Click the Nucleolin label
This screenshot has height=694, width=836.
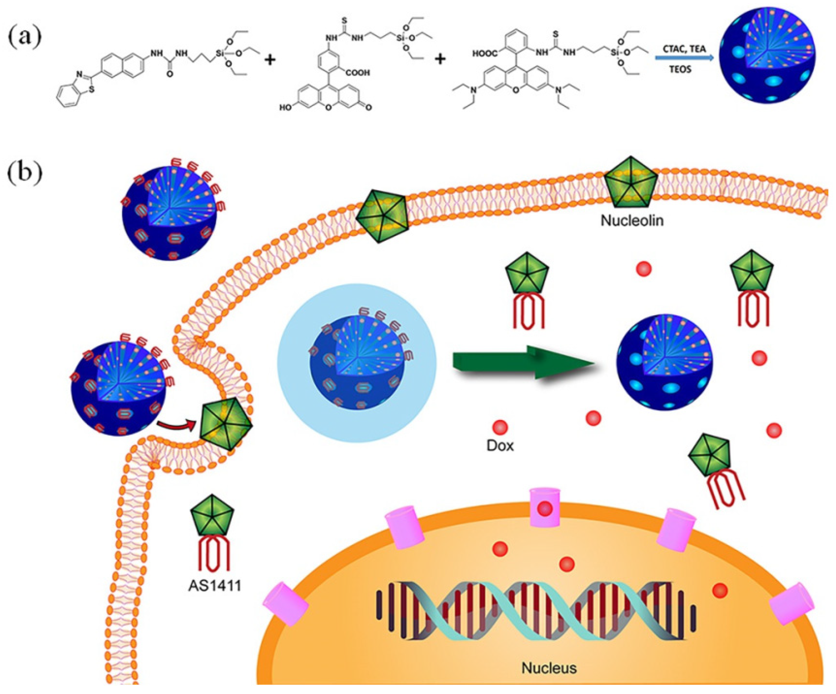(x=632, y=220)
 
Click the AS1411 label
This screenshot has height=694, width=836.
(x=215, y=586)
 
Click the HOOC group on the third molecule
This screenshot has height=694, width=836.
(x=485, y=53)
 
